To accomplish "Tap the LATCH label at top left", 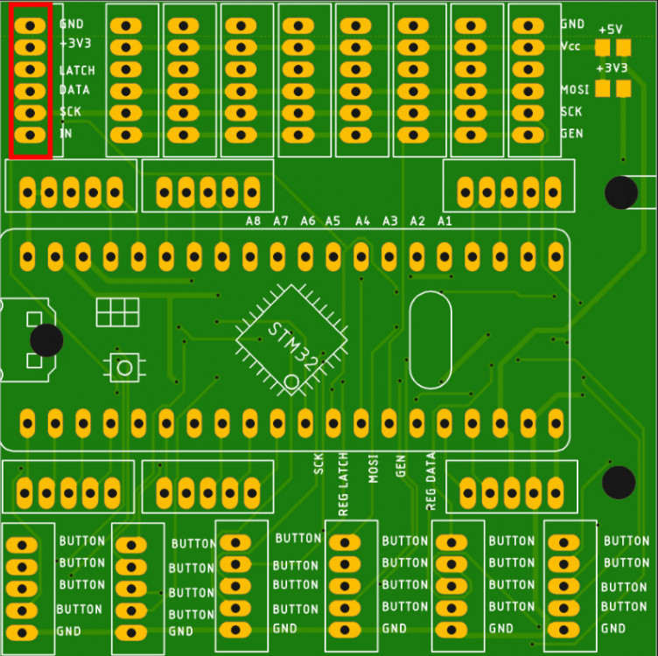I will click(77, 70).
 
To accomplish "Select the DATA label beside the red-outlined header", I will click(74, 90).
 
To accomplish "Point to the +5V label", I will click(610, 30).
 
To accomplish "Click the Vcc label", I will click(570, 46).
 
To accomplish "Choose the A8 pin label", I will click(253, 221).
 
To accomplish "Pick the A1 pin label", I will click(444, 221).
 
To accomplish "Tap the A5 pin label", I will click(332, 221).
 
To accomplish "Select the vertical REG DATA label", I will click(430, 481).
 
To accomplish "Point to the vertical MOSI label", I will click(373, 468).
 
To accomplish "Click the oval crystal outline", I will click(430, 339).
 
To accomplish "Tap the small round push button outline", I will click(124, 367).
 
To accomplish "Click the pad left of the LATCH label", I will click(30, 69).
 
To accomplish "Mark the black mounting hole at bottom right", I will click(619, 482).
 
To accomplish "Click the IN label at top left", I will click(66, 133).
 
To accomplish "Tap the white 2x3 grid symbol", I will click(117, 312).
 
